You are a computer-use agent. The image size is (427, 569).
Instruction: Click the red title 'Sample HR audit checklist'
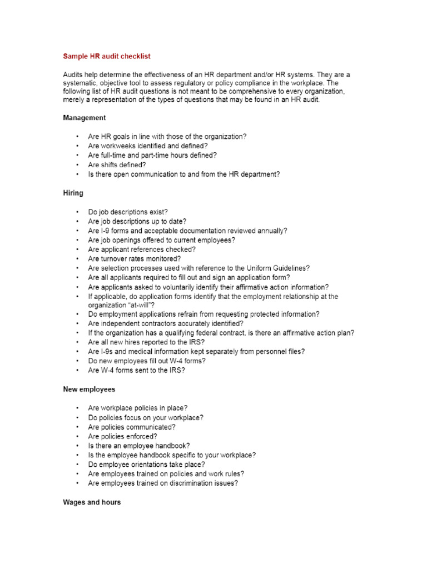click(x=106, y=56)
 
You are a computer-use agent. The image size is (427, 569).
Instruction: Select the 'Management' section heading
click(x=84, y=118)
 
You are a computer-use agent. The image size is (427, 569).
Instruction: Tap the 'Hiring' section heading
click(x=73, y=193)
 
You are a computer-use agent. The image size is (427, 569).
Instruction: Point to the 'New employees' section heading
click(x=89, y=390)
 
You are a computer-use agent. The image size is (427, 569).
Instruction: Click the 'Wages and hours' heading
click(x=91, y=502)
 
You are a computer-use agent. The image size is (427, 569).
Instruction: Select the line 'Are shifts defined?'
click(x=117, y=164)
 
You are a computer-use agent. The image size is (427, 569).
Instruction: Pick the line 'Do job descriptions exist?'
click(x=127, y=212)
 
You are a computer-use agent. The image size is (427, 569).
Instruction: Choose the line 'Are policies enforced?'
click(x=122, y=436)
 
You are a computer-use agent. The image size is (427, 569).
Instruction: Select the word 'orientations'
click(x=148, y=465)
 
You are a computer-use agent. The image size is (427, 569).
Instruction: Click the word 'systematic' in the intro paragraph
click(x=80, y=83)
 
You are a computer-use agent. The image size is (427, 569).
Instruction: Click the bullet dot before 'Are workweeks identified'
click(x=78, y=146)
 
